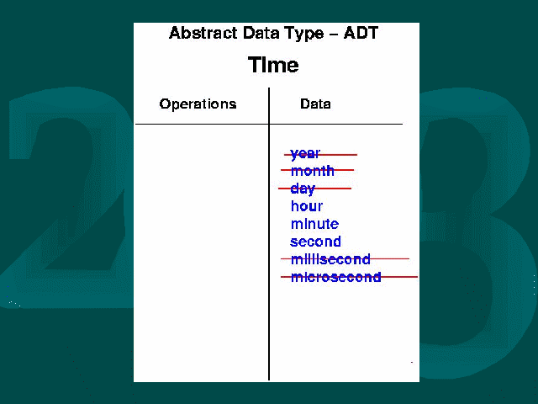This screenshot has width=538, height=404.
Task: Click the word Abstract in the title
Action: click(203, 33)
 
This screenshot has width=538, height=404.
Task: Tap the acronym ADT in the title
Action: click(361, 33)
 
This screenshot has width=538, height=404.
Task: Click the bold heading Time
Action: click(273, 65)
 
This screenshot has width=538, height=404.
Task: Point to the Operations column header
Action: click(198, 104)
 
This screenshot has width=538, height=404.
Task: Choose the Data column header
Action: click(315, 104)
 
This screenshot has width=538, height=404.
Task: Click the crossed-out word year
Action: click(305, 154)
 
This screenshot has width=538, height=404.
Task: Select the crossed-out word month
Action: click(312, 171)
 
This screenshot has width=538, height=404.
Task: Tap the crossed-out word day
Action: click(303, 189)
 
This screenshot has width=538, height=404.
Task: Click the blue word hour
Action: click(307, 206)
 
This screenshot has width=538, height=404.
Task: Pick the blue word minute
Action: click(314, 224)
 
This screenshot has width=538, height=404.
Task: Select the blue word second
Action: click(316, 242)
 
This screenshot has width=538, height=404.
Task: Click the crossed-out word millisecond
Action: click(330, 259)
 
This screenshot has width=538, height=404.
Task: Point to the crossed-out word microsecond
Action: click(336, 277)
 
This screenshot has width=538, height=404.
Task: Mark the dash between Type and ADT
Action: click(334, 35)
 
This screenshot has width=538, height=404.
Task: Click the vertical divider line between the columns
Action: click(269, 234)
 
